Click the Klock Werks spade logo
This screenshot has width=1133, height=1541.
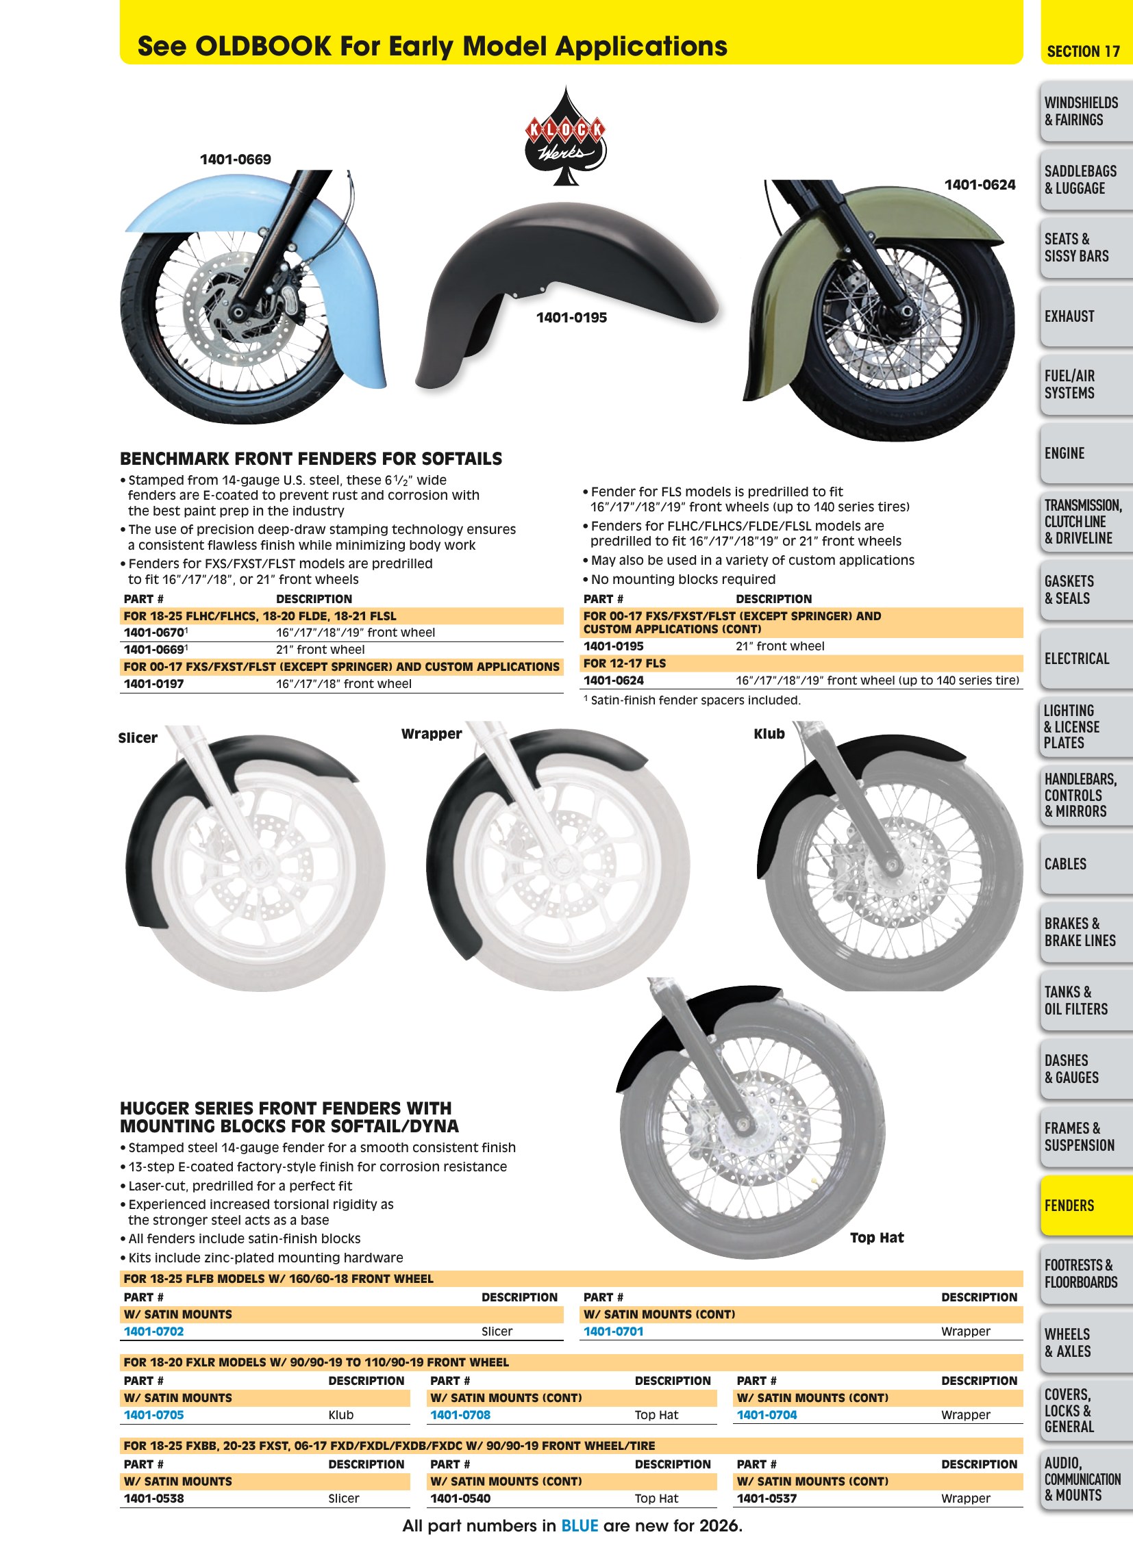(x=565, y=137)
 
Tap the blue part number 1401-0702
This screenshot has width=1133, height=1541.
(x=153, y=1332)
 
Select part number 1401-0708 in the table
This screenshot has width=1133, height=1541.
(x=460, y=1415)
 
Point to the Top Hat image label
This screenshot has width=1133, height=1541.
(x=877, y=1237)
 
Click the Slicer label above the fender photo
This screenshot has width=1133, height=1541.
(x=138, y=737)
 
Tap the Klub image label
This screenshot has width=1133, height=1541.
(x=769, y=733)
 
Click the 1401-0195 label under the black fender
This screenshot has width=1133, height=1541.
(x=571, y=318)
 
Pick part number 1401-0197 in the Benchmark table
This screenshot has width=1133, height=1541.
(x=153, y=683)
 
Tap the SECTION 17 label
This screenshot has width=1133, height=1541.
(x=1083, y=51)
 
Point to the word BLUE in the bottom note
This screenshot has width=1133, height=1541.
(x=580, y=1525)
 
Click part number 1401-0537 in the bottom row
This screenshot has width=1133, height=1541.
(x=767, y=1499)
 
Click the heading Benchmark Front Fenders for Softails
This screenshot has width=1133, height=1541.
(x=311, y=459)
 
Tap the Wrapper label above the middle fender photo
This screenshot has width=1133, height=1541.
(x=432, y=733)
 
